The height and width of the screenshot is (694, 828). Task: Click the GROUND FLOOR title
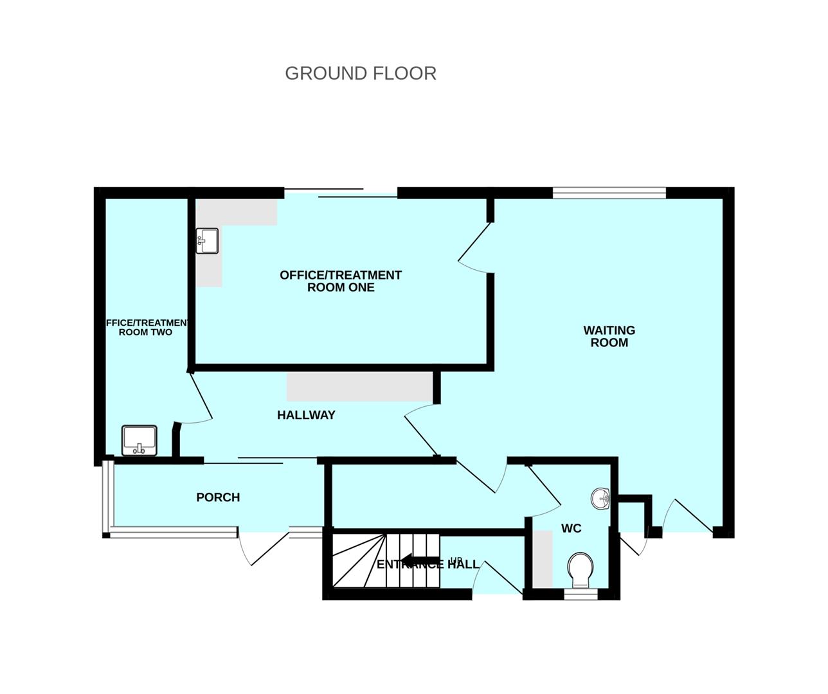point(360,73)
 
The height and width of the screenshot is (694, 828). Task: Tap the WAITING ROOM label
point(609,336)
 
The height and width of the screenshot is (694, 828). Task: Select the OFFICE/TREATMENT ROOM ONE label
point(341,281)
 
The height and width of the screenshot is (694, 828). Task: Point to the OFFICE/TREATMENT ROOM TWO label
point(147,327)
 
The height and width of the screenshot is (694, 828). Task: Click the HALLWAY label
point(306,415)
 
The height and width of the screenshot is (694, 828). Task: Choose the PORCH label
point(218,497)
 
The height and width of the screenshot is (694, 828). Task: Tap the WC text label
point(571,528)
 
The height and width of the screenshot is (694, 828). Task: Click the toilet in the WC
point(580,569)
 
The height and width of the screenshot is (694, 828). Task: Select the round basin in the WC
point(600,498)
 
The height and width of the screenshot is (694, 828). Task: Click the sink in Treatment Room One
point(208,241)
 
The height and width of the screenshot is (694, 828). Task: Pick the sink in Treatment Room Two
point(139,440)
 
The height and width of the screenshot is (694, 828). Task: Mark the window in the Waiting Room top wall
point(609,192)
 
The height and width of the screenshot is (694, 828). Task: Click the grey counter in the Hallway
point(359,386)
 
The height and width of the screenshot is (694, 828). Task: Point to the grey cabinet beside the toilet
point(543,558)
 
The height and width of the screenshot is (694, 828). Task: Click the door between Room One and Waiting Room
point(474,247)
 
